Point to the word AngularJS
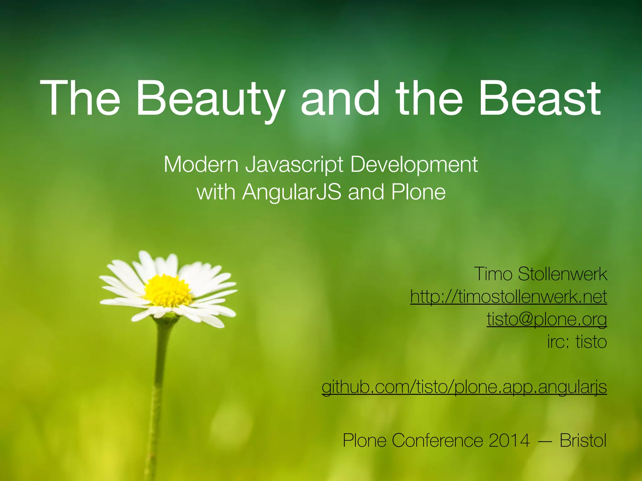[x=292, y=192]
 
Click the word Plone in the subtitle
[x=418, y=192]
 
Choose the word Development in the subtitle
[x=414, y=165]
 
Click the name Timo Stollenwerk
[x=540, y=274]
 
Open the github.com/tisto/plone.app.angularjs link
[x=464, y=387]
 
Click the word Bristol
[x=583, y=440]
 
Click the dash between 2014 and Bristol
[x=545, y=441]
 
